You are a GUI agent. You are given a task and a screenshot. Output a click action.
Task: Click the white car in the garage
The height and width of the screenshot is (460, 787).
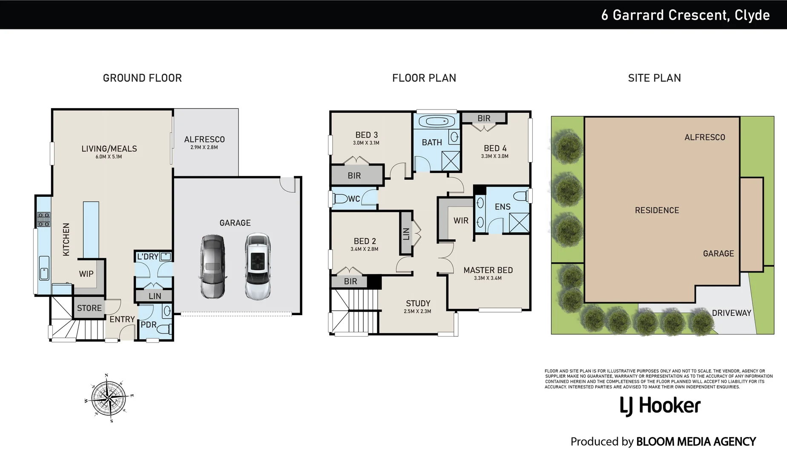click(258, 266)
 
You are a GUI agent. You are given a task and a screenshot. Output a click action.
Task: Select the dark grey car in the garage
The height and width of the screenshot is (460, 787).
click(213, 266)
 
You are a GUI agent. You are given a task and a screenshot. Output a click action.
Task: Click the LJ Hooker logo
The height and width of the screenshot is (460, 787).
click(660, 405)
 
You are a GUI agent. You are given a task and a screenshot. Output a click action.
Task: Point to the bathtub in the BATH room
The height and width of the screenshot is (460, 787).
click(436, 121)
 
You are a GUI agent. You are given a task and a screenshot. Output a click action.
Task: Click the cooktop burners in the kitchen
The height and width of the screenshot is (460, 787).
click(44, 219)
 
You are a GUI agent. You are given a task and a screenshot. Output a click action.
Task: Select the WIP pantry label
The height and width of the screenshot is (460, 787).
click(86, 274)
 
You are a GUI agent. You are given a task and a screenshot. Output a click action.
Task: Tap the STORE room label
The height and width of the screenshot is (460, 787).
click(89, 308)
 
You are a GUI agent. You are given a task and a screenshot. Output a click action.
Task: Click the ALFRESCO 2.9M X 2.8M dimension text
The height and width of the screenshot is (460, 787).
click(204, 147)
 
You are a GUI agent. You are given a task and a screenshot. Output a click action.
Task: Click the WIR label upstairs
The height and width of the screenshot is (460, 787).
click(461, 221)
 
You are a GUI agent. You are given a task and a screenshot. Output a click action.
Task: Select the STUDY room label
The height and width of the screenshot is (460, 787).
click(418, 303)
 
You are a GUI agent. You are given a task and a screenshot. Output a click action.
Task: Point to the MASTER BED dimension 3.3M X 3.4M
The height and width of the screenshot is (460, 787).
click(488, 278)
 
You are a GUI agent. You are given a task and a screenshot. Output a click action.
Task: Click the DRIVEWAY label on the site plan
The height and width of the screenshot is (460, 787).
click(731, 313)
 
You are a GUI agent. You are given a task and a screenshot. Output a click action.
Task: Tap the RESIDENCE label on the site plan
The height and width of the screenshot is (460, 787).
click(657, 210)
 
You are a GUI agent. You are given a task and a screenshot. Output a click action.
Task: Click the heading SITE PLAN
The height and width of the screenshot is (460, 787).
click(654, 78)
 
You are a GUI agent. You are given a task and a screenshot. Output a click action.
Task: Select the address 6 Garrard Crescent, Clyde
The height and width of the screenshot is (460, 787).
click(685, 15)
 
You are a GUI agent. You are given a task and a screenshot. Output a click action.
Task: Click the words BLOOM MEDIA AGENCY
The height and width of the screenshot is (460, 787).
click(696, 442)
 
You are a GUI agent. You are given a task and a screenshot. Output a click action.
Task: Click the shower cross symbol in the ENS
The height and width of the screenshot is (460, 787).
click(519, 223)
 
